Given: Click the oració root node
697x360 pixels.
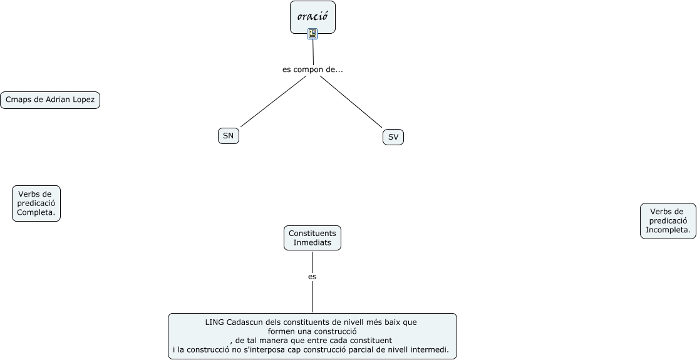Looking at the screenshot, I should click(312, 16).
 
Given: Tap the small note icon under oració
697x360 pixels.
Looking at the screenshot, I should click(312, 34).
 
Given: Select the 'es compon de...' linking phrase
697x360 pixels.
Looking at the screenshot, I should click(312, 69).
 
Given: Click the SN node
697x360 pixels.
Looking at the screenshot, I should click(229, 136).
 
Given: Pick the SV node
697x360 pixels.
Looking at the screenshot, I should click(393, 137).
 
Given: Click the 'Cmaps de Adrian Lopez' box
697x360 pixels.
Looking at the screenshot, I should click(50, 100).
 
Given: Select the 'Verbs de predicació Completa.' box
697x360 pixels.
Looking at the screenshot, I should click(36, 203).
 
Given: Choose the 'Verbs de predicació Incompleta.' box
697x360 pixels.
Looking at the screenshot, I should click(668, 221).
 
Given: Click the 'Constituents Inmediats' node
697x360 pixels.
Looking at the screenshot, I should click(312, 238).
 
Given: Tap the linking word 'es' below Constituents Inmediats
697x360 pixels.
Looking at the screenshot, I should click(312, 276).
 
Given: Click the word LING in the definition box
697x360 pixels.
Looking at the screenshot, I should click(215, 322).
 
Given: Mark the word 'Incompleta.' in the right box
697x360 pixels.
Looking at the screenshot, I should click(668, 230).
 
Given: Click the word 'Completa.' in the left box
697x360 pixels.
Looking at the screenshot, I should click(36, 212).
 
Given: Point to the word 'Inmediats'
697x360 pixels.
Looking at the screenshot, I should click(312, 242).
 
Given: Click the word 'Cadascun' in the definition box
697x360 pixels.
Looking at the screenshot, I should click(247, 322).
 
